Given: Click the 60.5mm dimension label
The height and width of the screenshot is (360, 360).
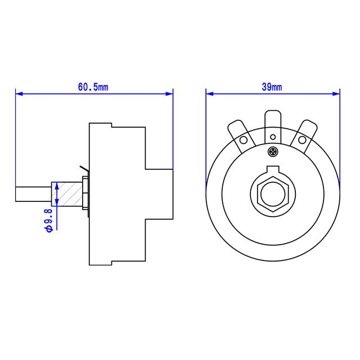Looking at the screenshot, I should pos(93,87).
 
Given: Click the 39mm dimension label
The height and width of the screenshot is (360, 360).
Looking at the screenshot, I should pos(272,87).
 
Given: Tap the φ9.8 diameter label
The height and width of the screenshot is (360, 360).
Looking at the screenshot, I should pos(48,219).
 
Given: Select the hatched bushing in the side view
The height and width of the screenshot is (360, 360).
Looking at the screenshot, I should pos(69,194).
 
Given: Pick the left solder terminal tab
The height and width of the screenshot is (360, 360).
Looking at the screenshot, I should pos(241,135).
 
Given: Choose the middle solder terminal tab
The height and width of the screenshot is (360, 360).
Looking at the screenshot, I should pos(273,127).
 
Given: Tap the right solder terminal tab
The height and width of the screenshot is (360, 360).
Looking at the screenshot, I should pos(305,135).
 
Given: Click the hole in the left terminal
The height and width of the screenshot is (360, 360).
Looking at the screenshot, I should pos(244,140).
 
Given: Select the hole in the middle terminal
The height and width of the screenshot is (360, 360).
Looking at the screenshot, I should pos(273,137).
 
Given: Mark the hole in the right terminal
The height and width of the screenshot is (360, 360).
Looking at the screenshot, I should pos(302,140).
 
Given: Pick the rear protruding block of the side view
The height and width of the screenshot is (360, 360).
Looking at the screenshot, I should pos(159,194).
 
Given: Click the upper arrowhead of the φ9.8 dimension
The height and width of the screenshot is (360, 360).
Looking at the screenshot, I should pos(56,185).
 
